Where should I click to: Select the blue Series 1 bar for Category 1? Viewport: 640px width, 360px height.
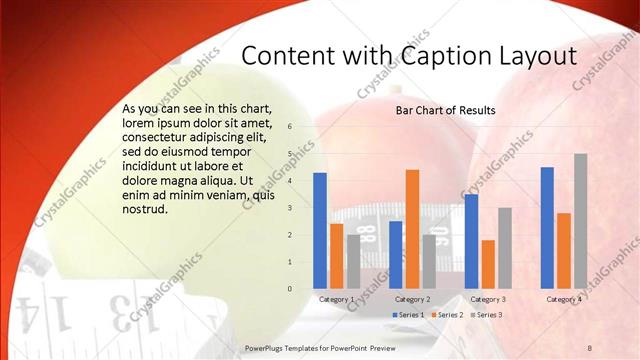pos(320,230)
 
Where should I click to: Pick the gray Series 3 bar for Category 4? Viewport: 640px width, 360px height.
pos(580,221)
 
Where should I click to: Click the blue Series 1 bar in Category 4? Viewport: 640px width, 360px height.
pos(547,227)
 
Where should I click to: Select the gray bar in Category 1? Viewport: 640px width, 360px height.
pos(353,261)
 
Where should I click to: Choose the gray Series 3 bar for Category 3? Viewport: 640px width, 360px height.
pos(504,248)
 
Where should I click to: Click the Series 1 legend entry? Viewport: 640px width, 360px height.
pos(410,315)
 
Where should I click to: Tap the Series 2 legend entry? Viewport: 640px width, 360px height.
pos(448,315)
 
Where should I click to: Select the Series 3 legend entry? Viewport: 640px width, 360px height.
pos(486,315)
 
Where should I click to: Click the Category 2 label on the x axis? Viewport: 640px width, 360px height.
pos(412,299)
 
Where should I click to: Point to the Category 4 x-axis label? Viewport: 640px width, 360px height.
pos(564,299)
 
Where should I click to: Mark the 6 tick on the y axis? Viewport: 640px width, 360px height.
pos(289,127)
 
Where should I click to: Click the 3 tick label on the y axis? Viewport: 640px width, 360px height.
pos(289,208)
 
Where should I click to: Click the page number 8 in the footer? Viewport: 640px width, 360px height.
pos(589,346)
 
